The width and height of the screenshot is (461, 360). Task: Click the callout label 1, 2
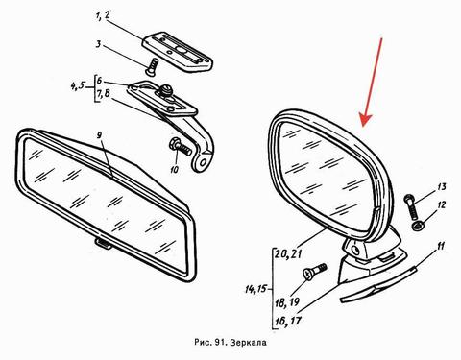pyautogui.click(x=103, y=15)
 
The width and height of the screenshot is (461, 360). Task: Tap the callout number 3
pyautogui.click(x=98, y=44)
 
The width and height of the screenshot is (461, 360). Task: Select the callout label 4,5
pyautogui.click(x=78, y=86)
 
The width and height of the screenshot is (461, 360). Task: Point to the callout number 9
pyautogui.click(x=100, y=135)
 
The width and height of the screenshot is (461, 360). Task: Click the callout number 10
pyautogui.click(x=174, y=169)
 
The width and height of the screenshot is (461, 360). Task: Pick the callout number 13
pyautogui.click(x=442, y=186)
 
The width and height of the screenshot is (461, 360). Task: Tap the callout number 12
pyautogui.click(x=442, y=204)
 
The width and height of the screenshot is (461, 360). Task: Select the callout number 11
pyautogui.click(x=441, y=247)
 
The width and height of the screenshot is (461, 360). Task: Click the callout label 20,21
pyautogui.click(x=288, y=254)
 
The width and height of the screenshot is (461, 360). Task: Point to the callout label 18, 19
pyautogui.click(x=287, y=301)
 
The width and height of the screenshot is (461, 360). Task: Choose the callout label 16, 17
pyautogui.click(x=288, y=321)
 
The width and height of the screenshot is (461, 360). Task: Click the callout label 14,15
pyautogui.click(x=255, y=289)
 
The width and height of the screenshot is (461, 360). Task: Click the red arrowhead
pyautogui.click(x=366, y=119)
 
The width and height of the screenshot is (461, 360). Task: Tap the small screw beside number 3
pyautogui.click(x=152, y=66)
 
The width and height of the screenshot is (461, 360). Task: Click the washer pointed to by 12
pyautogui.click(x=418, y=226)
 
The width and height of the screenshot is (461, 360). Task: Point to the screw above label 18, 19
pyautogui.click(x=314, y=272)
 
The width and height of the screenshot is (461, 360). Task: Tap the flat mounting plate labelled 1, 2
pyautogui.click(x=178, y=52)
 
